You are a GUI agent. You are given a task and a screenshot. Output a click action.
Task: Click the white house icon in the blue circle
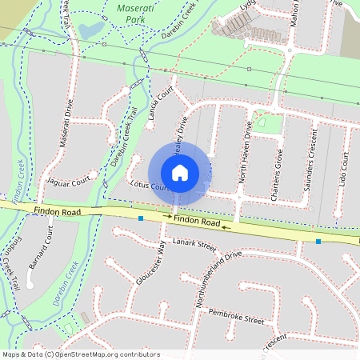pyautogui.click(x=180, y=172)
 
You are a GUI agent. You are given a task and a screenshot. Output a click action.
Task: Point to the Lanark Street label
pyautogui.click(x=195, y=244)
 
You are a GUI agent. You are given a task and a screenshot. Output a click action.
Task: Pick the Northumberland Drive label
pyautogui.click(x=212, y=275)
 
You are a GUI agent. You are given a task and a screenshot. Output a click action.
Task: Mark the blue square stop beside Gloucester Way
pyautogui.click(x=141, y=218)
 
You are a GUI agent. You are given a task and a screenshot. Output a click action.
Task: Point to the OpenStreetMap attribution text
pyautogui.click(x=81, y=354)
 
